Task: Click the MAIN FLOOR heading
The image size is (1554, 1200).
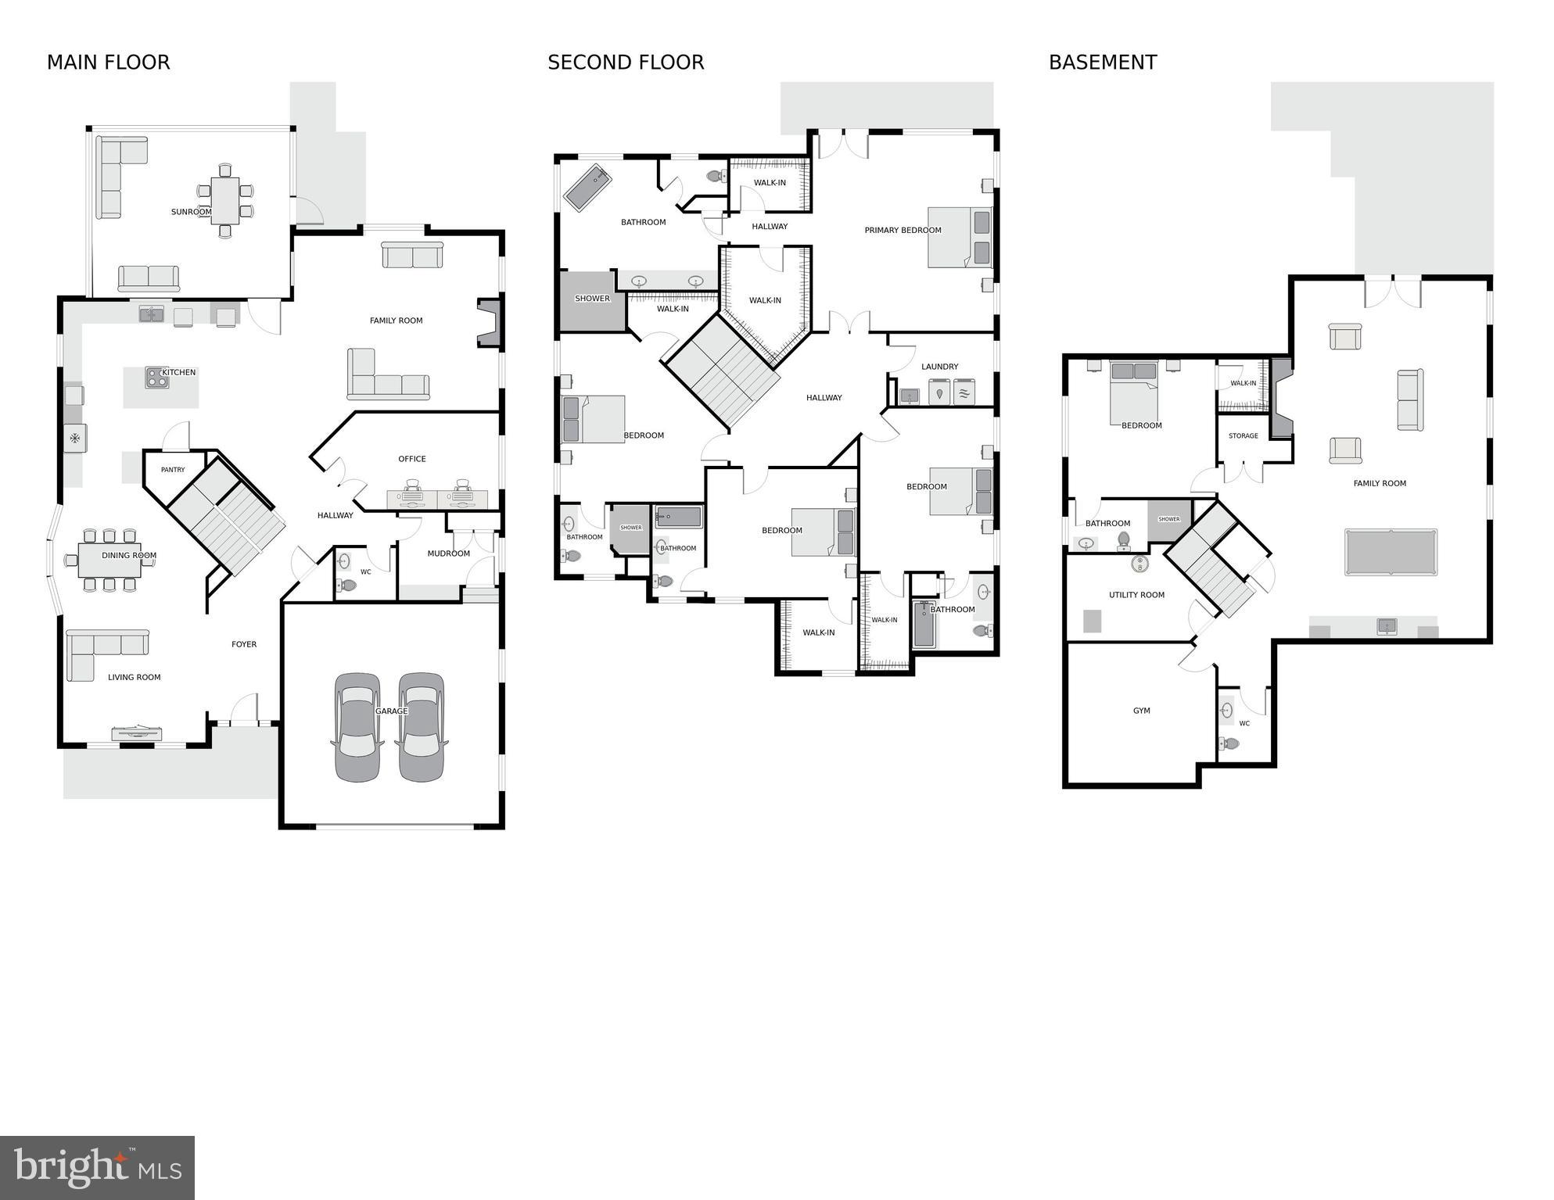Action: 108,63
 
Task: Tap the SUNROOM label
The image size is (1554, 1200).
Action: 191,212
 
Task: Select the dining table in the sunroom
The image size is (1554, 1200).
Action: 225,201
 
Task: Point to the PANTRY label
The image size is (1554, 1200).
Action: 173,470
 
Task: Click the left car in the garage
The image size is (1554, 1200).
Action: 357,726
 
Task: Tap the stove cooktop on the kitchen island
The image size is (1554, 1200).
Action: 156,378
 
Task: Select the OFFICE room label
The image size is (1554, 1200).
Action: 412,459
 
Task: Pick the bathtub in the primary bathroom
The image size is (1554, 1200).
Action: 587,188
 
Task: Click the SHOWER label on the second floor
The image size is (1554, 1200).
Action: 592,299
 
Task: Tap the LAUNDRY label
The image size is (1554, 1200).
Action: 939,367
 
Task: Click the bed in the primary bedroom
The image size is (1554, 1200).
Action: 960,237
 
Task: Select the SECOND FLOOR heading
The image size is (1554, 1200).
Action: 626,63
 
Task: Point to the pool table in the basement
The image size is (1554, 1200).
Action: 1391,552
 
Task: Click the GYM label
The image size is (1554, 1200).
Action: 1141,711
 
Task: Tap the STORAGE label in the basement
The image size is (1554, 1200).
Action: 1243,435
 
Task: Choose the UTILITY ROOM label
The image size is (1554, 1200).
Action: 1136,595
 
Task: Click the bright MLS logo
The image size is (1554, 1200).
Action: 97,1168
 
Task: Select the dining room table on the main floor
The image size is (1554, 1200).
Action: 109,559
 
